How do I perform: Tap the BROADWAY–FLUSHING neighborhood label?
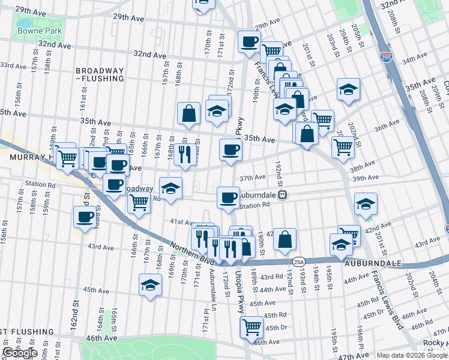click(x=100, y=74)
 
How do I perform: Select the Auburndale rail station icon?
click(x=286, y=195)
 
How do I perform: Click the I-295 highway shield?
click(x=387, y=57)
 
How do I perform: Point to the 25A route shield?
click(x=298, y=262)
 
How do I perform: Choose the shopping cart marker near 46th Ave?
click(x=252, y=328)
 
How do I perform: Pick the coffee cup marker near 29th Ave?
click(x=249, y=41)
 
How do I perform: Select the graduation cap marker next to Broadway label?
click(x=170, y=188)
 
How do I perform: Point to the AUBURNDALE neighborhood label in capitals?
click(x=368, y=262)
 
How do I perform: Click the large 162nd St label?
click(x=76, y=323)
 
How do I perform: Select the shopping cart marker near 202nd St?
click(x=343, y=146)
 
